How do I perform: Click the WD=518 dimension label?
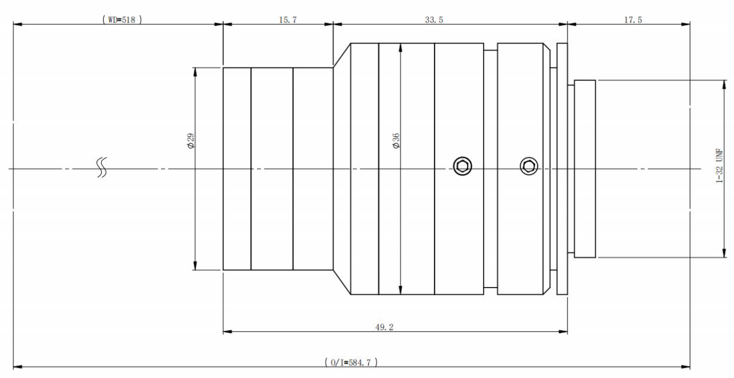[x=122, y=20]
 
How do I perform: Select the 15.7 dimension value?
[x=288, y=20]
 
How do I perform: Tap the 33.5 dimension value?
[x=434, y=20]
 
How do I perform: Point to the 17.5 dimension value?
[x=633, y=20]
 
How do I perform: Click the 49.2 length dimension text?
[x=384, y=327]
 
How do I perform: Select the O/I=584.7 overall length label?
[x=351, y=362]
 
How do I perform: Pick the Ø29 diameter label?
[x=191, y=141]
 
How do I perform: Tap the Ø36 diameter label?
[x=396, y=141]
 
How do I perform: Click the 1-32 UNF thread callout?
[x=719, y=166]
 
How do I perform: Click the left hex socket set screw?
[x=462, y=166]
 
